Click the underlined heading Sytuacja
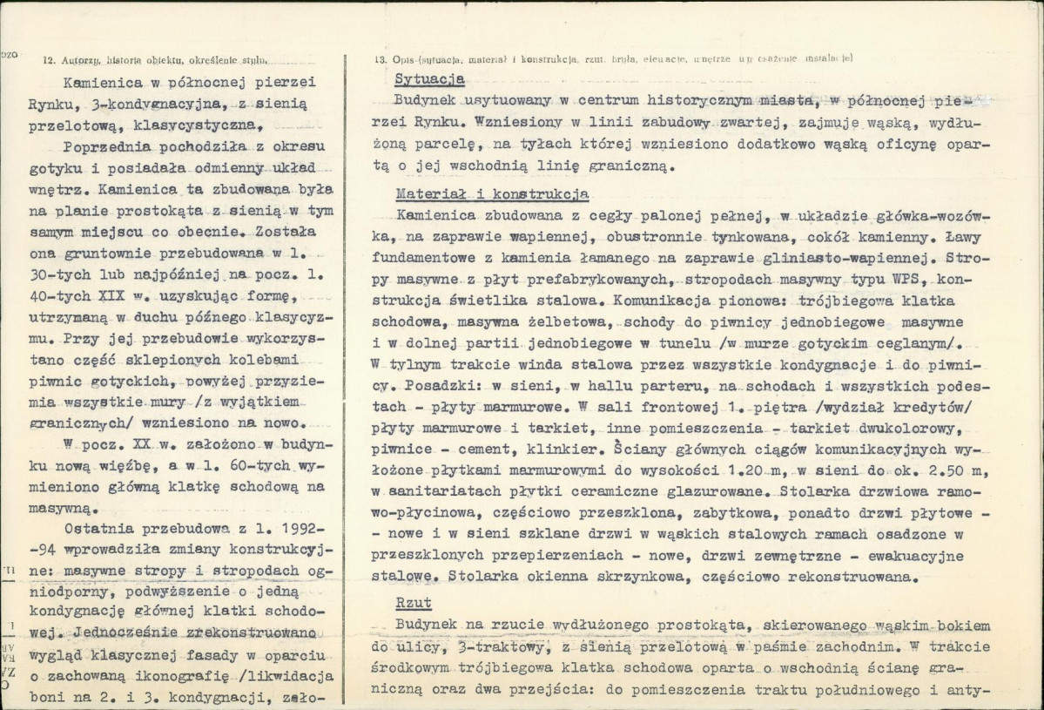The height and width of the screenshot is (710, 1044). click(429, 79)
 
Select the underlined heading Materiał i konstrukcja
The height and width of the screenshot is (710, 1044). click(491, 193)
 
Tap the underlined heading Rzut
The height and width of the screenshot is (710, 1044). click(413, 603)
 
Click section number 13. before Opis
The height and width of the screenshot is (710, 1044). click(381, 59)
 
